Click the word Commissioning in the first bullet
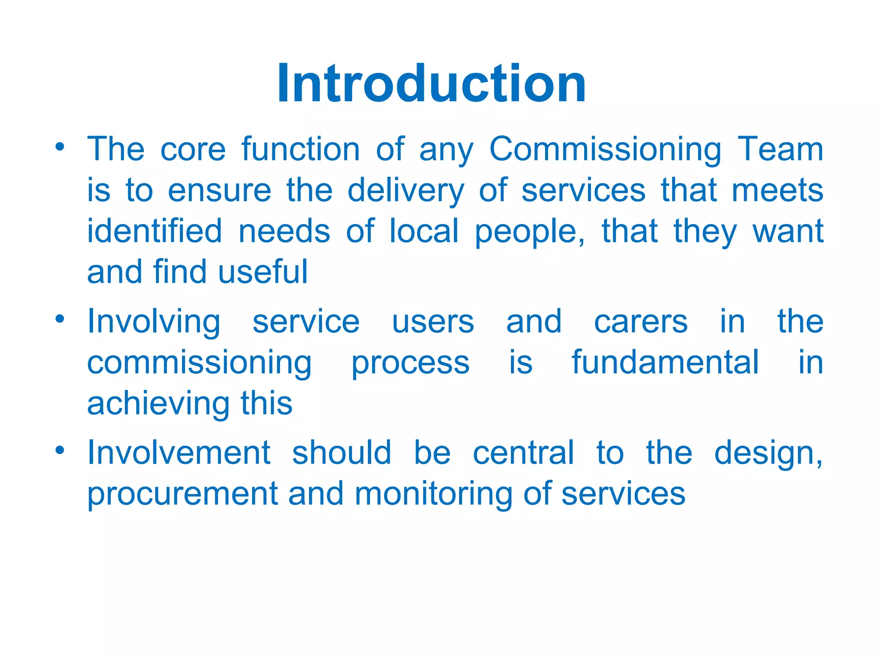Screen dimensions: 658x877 (605, 150)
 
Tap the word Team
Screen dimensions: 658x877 (780, 150)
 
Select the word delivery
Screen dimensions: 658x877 (406, 191)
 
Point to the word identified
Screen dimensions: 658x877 (155, 231)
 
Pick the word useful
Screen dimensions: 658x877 (263, 272)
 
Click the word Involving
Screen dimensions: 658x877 (154, 323)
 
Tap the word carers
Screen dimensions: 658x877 (641, 322)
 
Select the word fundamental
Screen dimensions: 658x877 (665, 362)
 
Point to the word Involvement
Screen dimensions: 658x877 (179, 453)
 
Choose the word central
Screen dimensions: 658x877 (523, 453)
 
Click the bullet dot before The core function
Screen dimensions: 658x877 (60, 147)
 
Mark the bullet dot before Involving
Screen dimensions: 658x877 (60, 319)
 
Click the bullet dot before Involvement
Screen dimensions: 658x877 (60, 450)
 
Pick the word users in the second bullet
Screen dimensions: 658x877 (433, 322)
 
